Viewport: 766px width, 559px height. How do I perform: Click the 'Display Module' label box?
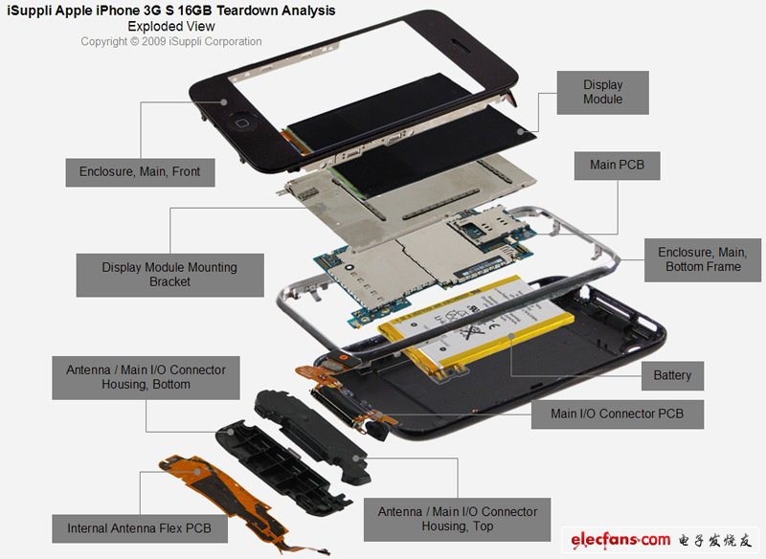(x=602, y=93)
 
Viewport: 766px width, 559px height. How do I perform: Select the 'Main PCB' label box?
(x=617, y=165)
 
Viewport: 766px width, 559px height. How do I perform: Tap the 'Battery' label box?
(x=672, y=375)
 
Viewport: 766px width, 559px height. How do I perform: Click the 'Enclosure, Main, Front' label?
(x=140, y=171)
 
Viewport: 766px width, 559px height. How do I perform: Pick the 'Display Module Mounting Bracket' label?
(x=169, y=275)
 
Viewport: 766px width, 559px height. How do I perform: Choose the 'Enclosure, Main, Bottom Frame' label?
(x=702, y=259)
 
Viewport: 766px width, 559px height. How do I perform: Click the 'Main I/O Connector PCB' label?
(x=617, y=414)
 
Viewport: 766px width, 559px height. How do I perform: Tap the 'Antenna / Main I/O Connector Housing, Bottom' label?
(x=146, y=377)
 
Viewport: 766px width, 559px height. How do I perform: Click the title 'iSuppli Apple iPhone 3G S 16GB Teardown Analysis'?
(x=171, y=11)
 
